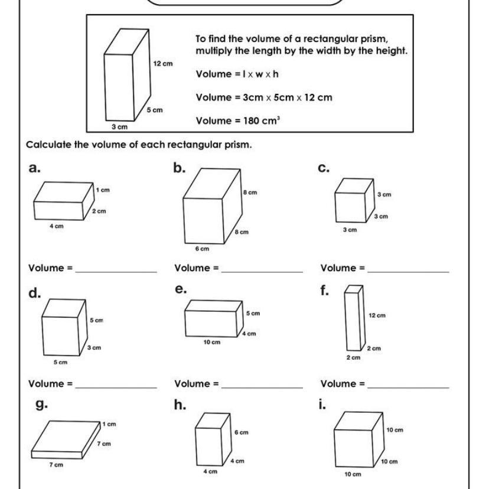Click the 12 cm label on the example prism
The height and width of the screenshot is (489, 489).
point(162,63)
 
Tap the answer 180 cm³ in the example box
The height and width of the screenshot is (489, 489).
point(252,120)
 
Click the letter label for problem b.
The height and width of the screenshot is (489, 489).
point(180,168)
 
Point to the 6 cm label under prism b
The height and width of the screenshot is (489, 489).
point(203,249)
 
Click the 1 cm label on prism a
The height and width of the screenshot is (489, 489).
point(103,190)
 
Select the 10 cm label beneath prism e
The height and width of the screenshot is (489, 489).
point(211,342)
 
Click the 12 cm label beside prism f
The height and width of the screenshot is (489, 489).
point(377,315)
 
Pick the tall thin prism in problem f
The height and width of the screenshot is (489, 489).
point(353,318)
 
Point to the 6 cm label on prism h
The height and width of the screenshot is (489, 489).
point(241,432)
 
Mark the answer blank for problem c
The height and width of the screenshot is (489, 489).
point(407,269)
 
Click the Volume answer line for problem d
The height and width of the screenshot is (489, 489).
point(116,385)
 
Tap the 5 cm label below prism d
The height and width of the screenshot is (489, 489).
point(60,362)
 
